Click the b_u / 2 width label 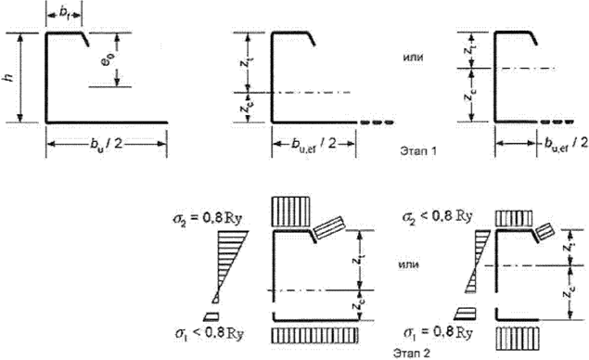pyautogui.click(x=106, y=147)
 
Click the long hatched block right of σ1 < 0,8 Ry pyautogui.click(x=314, y=332)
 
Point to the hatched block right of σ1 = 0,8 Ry pyautogui.click(x=517, y=332)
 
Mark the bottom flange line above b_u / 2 pyautogui.click(x=106, y=122)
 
